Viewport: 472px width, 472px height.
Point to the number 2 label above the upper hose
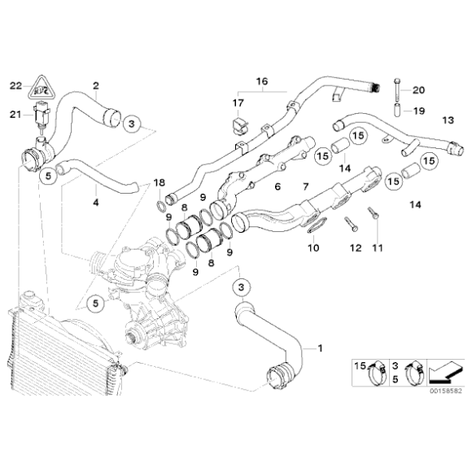[x=95, y=85]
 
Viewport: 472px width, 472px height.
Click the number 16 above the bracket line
[x=261, y=82]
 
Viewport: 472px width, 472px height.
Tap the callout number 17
[x=238, y=103]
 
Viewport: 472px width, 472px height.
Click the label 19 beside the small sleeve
[x=419, y=110]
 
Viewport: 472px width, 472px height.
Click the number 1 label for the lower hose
[x=320, y=349]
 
